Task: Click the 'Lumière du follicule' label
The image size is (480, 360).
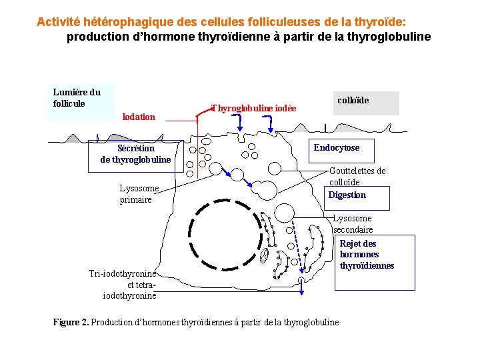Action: click(77, 97)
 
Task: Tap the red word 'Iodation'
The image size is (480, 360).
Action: click(139, 117)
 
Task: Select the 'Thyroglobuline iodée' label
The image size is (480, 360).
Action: click(253, 108)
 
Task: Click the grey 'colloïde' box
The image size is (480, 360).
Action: click(366, 103)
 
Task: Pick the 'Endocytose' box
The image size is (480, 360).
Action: click(337, 148)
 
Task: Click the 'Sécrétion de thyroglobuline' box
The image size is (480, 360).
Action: click(135, 154)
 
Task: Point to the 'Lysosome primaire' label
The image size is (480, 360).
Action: click(139, 194)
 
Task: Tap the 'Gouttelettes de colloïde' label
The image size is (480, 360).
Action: click(357, 176)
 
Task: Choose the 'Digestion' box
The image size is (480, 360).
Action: click(347, 195)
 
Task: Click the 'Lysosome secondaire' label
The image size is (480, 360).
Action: click(353, 224)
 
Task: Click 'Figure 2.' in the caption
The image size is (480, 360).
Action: click(70, 323)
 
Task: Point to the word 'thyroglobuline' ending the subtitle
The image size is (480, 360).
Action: click(393, 37)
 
